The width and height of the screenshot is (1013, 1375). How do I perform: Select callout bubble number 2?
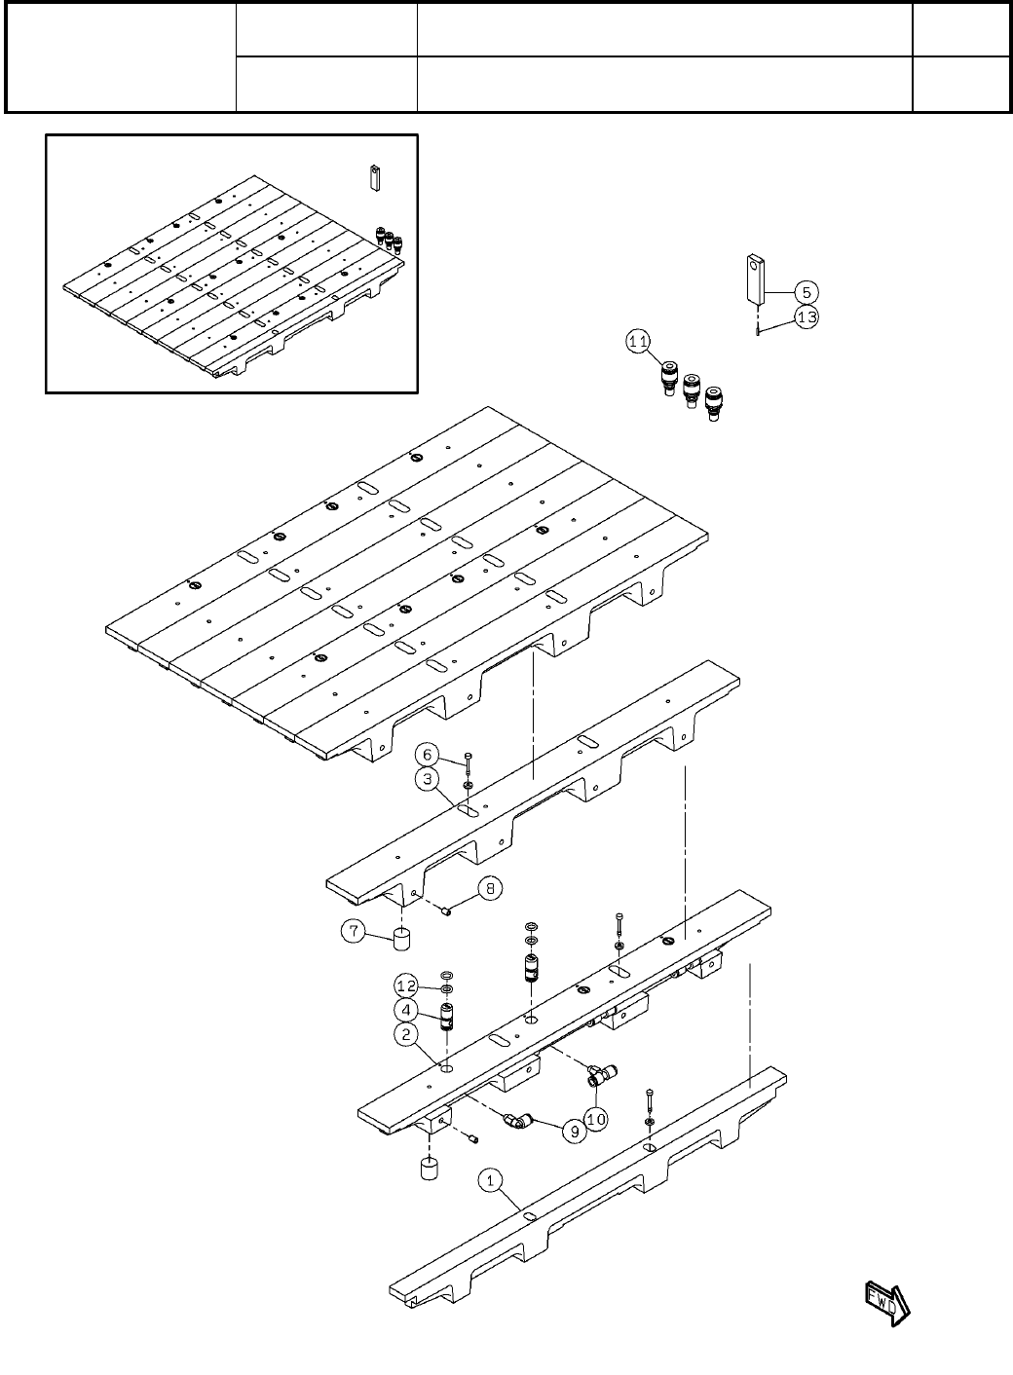[407, 1034]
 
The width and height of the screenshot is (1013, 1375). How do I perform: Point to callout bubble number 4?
[407, 1011]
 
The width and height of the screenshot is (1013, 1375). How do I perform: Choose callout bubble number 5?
[807, 291]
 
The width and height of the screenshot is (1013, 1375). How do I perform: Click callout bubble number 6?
[428, 754]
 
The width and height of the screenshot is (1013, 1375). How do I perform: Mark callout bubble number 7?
[354, 932]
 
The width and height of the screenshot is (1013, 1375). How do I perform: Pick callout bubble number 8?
[490, 887]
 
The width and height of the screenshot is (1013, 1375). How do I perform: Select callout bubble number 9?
[574, 1132]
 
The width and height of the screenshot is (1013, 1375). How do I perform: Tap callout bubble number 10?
[596, 1119]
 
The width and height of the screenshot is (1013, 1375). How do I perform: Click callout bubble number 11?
[638, 342]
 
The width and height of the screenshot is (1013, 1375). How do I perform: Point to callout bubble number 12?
[407, 986]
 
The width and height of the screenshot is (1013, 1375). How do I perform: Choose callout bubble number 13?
[807, 316]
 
